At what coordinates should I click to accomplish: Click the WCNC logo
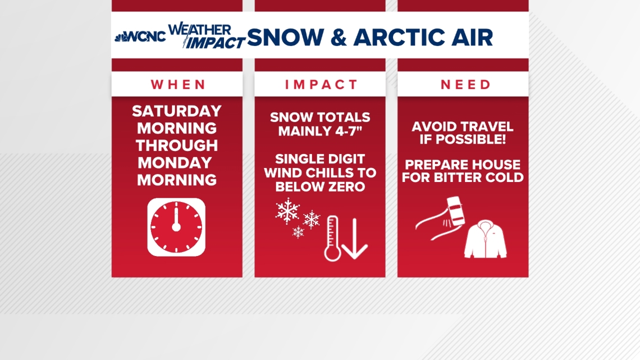pyautogui.click(x=140, y=37)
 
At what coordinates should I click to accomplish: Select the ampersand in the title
pyautogui.click(x=339, y=37)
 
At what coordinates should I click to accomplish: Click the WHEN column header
pyautogui.click(x=177, y=84)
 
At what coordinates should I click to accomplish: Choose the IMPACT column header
pyautogui.click(x=321, y=84)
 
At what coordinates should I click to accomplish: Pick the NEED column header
pyautogui.click(x=465, y=84)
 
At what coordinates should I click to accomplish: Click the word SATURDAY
pyautogui.click(x=177, y=111)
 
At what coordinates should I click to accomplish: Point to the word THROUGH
pyautogui.click(x=177, y=145)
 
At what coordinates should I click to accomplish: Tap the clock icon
pyautogui.click(x=176, y=227)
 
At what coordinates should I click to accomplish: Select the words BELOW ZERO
pyautogui.click(x=320, y=186)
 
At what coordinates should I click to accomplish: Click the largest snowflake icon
pyautogui.click(x=287, y=211)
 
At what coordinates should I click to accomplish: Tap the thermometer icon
pyautogui.click(x=332, y=238)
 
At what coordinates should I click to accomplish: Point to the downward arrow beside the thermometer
pyautogui.click(x=355, y=239)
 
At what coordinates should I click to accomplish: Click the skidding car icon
pyautogui.click(x=455, y=211)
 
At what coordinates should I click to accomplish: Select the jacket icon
pyautogui.click(x=485, y=239)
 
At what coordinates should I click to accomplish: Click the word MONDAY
pyautogui.click(x=175, y=162)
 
